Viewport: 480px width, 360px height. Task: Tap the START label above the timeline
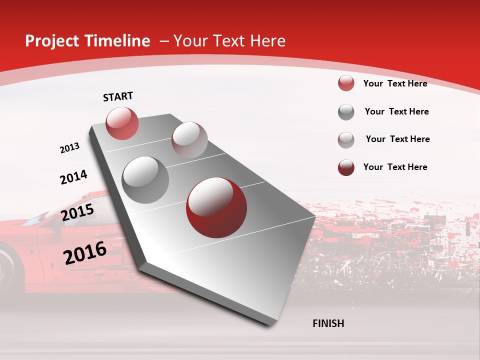(x=118, y=96)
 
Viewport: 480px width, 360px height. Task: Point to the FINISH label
(x=328, y=323)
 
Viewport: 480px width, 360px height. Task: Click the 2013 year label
(x=70, y=148)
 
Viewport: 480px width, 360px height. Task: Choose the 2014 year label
(x=74, y=177)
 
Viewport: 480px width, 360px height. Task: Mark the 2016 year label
(x=85, y=253)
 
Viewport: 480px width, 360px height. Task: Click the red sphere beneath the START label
(x=122, y=123)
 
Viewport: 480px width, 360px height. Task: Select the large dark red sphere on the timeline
(x=216, y=207)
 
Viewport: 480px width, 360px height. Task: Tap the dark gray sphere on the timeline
(x=145, y=179)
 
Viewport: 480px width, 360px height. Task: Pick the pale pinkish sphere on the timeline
(x=189, y=140)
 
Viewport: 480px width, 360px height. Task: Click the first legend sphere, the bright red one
(x=346, y=83)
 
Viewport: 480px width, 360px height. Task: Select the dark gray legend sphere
(x=346, y=112)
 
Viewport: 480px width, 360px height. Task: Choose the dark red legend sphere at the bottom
(x=346, y=167)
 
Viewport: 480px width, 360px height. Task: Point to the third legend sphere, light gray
(x=346, y=139)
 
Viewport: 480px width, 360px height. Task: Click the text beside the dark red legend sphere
(x=395, y=167)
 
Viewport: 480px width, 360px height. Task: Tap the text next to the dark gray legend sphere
(x=396, y=111)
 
